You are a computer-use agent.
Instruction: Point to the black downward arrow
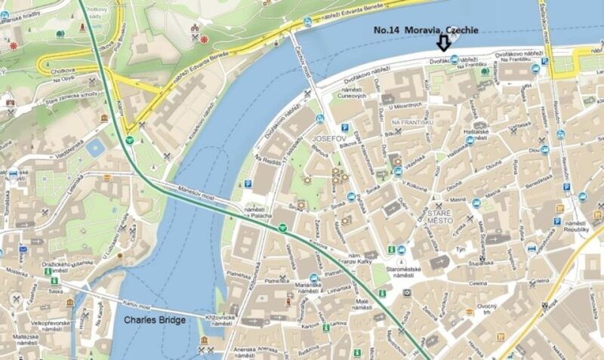point(444,46)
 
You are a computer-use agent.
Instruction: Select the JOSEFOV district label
point(327,140)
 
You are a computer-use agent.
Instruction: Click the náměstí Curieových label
point(352,91)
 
